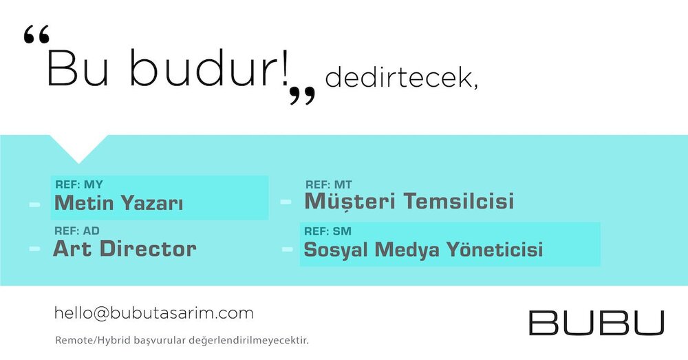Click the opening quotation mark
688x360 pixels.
tap(36, 34)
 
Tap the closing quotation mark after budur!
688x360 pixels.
tap(302, 95)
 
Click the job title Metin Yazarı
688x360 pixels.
tap(118, 203)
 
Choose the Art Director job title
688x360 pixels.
tap(125, 249)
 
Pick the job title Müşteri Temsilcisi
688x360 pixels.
tap(409, 201)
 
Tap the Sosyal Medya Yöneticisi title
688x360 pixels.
tap(423, 250)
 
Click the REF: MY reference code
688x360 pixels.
tap(79, 184)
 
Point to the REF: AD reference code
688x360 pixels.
tap(77, 231)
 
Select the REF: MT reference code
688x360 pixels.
tap(329, 185)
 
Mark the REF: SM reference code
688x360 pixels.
tap(327, 231)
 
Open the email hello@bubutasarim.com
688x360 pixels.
tap(154, 313)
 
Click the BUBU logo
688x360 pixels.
tap(596, 323)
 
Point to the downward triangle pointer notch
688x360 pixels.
tap(78, 149)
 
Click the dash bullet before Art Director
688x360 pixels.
tap(34, 249)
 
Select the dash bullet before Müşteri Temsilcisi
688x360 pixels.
tap(286, 202)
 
